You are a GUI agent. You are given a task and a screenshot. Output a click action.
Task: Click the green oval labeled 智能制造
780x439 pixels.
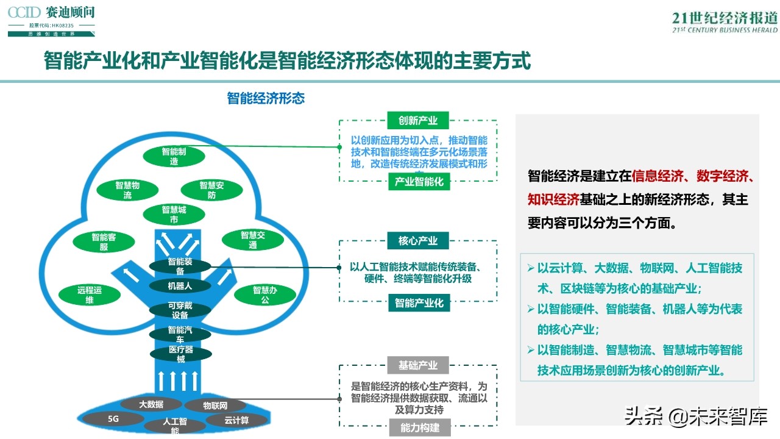(174, 156)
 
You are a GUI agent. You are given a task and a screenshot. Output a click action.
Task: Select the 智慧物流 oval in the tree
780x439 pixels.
(127, 190)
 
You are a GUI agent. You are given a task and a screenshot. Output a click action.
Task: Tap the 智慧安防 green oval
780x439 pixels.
(211, 190)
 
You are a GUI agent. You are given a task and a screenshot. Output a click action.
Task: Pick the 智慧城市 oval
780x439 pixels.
(174, 214)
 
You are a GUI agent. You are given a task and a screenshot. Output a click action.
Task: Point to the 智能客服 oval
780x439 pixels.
(104, 241)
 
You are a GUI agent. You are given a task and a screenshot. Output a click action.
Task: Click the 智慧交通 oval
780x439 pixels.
(252, 240)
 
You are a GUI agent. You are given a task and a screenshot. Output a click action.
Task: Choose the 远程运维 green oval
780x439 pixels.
(90, 294)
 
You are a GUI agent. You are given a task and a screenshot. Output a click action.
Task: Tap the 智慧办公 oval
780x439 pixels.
(265, 294)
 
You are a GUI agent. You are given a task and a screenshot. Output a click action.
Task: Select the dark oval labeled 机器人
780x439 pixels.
(180, 285)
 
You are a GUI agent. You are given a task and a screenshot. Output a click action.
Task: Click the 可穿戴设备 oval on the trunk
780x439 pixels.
(180, 310)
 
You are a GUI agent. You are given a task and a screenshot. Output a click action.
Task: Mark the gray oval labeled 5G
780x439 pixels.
(113, 419)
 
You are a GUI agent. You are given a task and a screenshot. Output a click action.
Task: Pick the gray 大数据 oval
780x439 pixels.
(151, 404)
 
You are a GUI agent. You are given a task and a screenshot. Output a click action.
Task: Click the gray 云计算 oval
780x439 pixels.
(236, 419)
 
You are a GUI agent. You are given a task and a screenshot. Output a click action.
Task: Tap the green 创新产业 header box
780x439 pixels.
(418, 120)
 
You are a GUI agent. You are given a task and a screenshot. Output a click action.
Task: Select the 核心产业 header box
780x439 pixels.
(418, 240)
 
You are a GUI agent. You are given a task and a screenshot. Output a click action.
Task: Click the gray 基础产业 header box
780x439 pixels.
(418, 365)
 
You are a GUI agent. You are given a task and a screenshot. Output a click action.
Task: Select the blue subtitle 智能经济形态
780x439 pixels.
(266, 98)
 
